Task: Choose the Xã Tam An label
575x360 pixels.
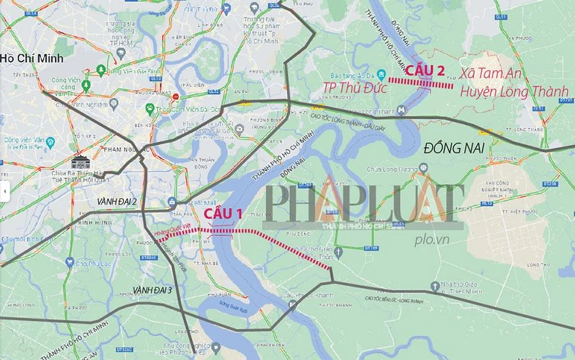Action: click(x=498, y=75)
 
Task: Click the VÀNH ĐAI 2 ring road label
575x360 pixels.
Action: click(x=117, y=201)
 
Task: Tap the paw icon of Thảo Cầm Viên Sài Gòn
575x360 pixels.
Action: click(x=149, y=108)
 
